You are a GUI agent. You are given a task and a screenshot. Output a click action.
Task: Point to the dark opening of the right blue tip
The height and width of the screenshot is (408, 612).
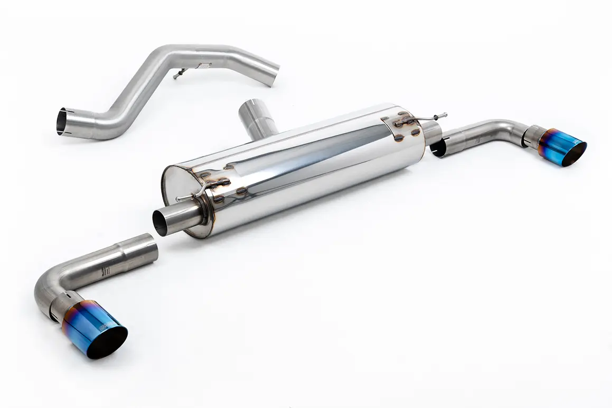coord(574,154)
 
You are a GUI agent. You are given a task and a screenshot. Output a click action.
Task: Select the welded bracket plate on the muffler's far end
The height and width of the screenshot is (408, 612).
coord(401,127)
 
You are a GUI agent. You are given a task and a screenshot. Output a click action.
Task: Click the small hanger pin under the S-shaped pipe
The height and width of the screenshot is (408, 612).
coord(178,73)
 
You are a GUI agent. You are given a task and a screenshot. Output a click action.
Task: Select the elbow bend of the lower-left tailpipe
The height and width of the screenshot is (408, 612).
coord(48,288)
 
